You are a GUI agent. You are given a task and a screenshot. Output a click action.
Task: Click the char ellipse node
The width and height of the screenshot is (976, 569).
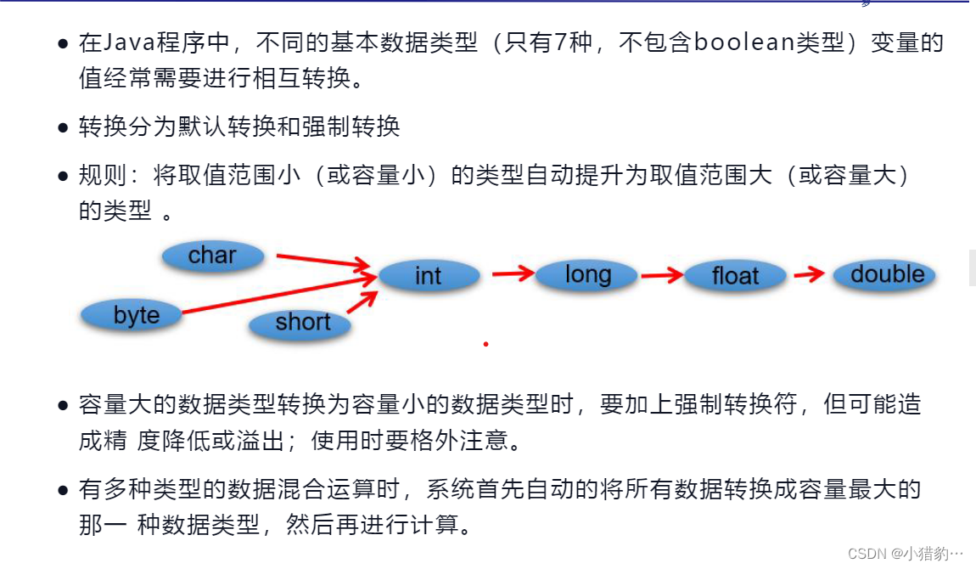click(212, 256)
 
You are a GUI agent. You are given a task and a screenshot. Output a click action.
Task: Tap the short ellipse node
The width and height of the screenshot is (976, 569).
click(302, 323)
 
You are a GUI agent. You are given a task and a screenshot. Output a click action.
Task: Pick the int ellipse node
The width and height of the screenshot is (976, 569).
click(429, 276)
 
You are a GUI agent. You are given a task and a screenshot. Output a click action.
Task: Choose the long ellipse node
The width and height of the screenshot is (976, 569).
click(587, 275)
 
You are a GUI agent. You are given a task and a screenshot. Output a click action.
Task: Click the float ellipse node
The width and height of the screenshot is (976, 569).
click(735, 276)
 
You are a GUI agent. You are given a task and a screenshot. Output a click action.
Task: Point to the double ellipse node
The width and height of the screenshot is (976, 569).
click(887, 274)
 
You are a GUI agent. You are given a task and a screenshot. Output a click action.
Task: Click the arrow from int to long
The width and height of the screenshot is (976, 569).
click(513, 273)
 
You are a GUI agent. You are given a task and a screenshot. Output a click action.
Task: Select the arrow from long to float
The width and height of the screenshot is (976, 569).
click(661, 274)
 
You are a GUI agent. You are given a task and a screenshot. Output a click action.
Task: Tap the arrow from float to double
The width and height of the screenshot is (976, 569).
click(809, 274)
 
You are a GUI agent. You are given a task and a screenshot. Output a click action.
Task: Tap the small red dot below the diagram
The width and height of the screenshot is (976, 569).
click(485, 344)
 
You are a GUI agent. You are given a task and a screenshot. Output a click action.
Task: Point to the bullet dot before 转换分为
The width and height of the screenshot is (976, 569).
click(63, 129)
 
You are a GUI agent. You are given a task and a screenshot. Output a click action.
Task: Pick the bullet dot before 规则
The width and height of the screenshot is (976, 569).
click(63, 177)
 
